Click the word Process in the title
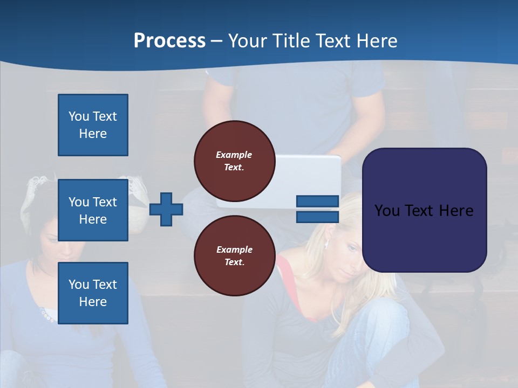click(x=169, y=41)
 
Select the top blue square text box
click(x=93, y=125)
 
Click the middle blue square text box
click(x=93, y=210)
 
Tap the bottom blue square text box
click(x=93, y=293)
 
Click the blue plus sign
click(x=166, y=209)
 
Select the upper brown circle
click(x=234, y=161)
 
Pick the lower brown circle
click(x=234, y=255)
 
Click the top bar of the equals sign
click(x=317, y=201)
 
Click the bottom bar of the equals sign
click(x=317, y=217)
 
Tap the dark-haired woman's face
click(x=57, y=242)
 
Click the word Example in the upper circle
click(x=234, y=155)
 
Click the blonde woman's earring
click(x=326, y=245)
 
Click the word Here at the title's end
click(x=376, y=41)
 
